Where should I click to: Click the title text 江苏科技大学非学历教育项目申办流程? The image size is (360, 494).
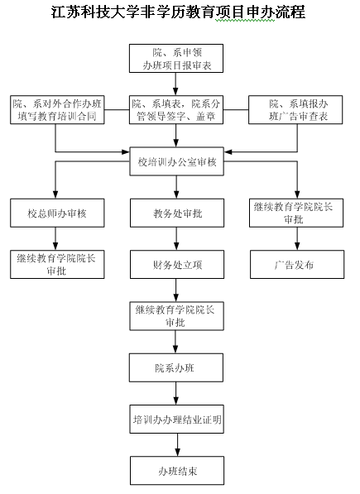178,12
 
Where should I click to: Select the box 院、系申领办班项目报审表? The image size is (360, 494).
176,58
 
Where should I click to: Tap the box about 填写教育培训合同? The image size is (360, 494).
57,109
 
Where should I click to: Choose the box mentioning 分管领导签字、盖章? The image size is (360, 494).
176,109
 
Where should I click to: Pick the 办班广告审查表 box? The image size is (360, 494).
295,109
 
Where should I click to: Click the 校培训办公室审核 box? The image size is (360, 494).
177,161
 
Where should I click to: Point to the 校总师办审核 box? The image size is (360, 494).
57,213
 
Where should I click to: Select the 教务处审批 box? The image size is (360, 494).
177,213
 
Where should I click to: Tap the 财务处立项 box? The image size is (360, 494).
177,265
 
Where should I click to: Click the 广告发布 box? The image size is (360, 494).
297,265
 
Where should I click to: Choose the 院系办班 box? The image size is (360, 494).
176,367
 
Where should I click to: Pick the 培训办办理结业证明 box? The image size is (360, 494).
177,420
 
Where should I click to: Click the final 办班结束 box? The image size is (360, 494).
177,471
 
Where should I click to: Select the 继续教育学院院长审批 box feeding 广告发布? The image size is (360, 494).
296,213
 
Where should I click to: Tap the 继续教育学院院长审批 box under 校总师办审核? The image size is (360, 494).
57,265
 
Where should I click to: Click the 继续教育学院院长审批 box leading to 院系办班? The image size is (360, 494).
177,316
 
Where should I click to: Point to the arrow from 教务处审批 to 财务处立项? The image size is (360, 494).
176,239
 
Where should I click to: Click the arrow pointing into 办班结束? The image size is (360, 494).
177,445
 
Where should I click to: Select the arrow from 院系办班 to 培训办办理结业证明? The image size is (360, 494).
176,394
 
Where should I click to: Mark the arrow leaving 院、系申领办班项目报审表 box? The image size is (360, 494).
175,84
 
